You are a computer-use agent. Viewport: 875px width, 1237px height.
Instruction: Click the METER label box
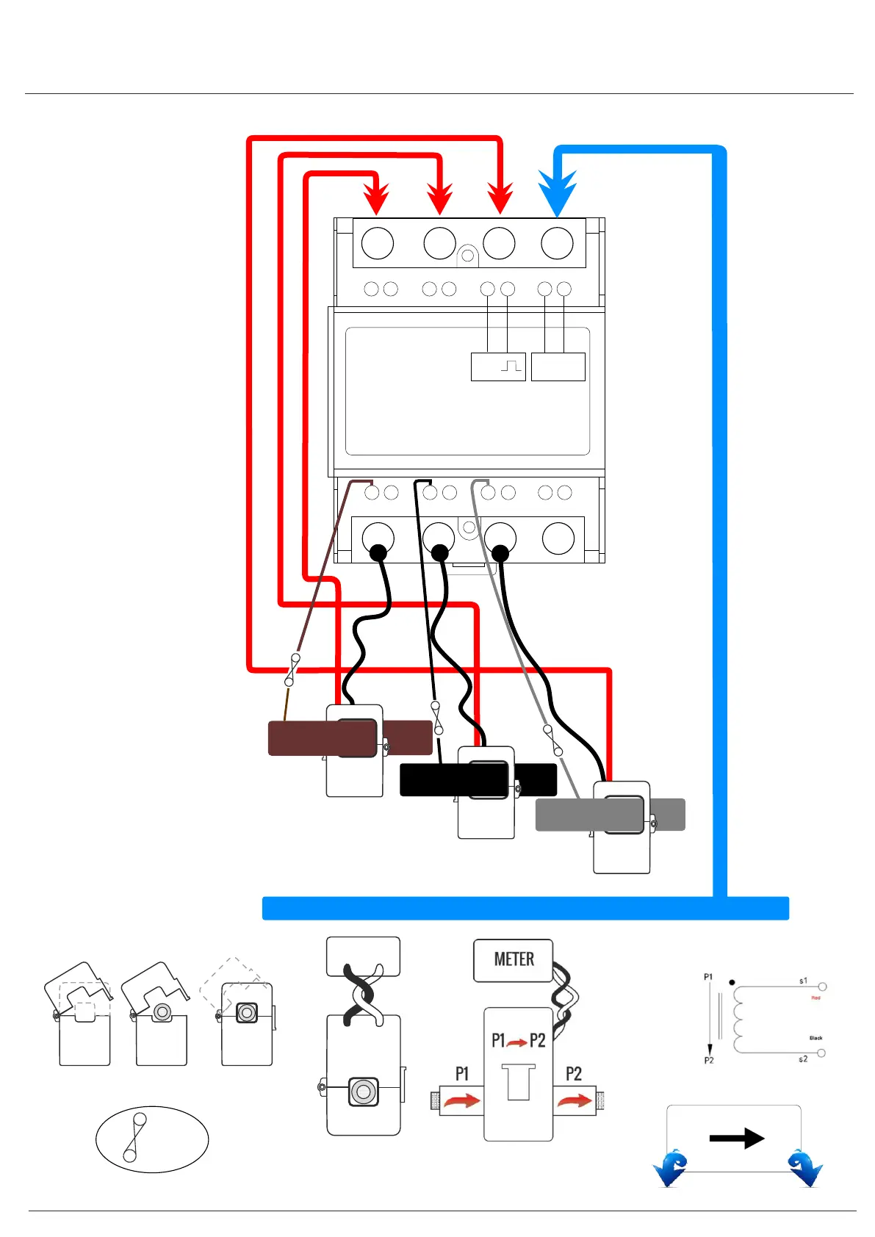pos(513,959)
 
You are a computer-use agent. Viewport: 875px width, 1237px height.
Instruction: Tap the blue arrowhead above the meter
pos(557,192)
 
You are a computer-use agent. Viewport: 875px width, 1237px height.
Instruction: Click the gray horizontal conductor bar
pos(569,815)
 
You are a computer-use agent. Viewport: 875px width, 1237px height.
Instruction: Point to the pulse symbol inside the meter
pos(511,365)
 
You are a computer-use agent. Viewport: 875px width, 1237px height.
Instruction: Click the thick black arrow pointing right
pos(736,1138)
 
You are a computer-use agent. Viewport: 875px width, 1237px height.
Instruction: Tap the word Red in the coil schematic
pos(815,998)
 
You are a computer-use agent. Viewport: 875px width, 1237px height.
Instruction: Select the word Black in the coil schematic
pos(815,1038)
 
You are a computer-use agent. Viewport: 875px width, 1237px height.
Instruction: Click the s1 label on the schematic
pos(803,981)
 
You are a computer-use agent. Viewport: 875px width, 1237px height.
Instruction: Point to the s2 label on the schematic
pos(803,1059)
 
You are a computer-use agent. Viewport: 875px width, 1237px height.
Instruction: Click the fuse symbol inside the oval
pos(134,1137)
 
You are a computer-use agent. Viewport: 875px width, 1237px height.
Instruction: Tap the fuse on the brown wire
pos(292,668)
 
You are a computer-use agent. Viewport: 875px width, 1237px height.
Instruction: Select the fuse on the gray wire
pos(552,740)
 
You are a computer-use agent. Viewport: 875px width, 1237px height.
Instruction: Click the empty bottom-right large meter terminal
pos(558,538)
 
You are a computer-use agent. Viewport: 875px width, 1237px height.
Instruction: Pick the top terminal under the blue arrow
pos(557,243)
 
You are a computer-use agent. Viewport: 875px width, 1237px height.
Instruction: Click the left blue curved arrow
pos(671,1168)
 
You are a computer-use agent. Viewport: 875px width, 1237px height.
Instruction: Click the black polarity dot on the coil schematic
pos(732,982)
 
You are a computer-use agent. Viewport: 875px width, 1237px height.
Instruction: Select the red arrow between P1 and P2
pos(517,1042)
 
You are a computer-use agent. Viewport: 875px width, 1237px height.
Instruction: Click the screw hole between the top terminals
pos(467,256)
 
